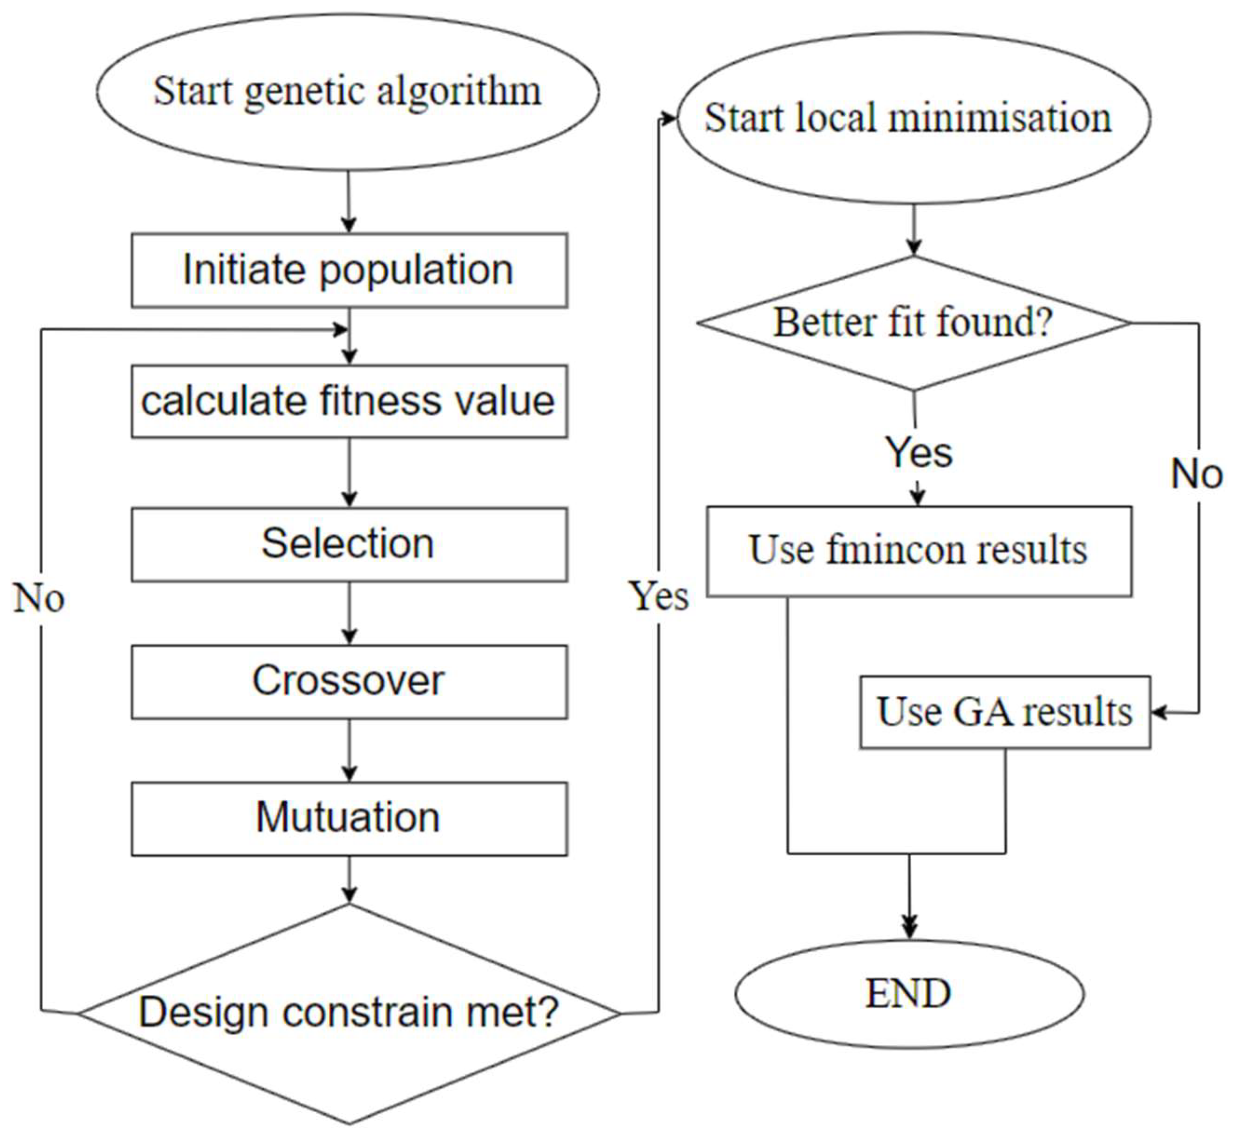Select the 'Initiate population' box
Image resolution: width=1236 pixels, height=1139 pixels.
349,270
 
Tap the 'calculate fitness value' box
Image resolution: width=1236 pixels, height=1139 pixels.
349,402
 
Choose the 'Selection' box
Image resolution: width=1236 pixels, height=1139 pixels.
349,544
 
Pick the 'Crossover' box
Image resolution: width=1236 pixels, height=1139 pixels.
349,682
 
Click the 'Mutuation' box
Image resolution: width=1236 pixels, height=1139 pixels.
349,819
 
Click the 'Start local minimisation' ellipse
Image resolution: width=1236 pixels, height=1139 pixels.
914,118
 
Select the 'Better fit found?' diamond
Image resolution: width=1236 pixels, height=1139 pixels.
914,323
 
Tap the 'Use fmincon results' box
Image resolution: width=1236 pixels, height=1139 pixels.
919,551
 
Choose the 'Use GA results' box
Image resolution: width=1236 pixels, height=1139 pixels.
1005,713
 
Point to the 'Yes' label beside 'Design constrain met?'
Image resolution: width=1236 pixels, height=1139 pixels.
659,597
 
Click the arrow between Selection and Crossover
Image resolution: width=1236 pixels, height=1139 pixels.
349,613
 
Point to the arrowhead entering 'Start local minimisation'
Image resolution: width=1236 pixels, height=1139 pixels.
670,118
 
